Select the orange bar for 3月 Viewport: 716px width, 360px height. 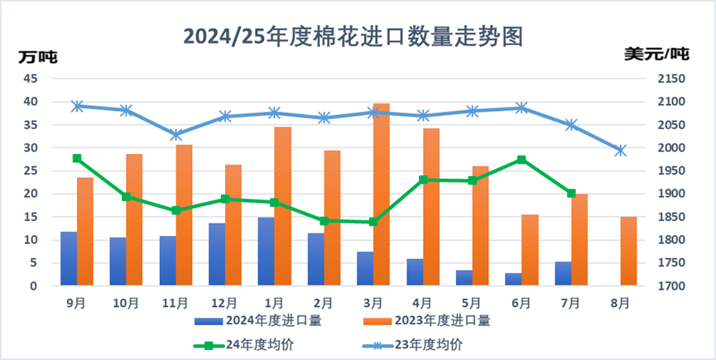[382, 195]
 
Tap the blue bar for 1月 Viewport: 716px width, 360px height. [266, 252]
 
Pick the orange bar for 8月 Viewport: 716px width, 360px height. [629, 252]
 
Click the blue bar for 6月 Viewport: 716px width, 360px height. [513, 279]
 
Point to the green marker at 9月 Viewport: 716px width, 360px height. [77, 158]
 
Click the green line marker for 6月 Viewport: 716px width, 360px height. [521, 160]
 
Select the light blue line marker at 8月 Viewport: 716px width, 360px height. [621, 151]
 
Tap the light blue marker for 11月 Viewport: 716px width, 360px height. [176, 135]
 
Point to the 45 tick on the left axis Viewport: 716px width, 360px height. [31, 79]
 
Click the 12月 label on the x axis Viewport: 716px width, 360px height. [224, 302]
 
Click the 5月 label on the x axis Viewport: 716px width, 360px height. [472, 302]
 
